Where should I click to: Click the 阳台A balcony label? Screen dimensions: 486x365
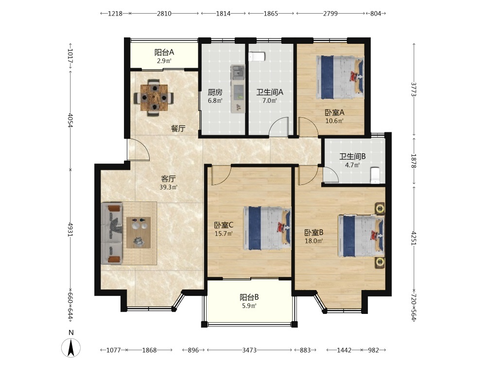(x=164, y=53)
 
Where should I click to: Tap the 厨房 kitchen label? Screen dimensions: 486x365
(x=215, y=92)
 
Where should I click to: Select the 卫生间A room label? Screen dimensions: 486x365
(x=270, y=92)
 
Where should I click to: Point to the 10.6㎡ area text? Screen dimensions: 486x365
(x=334, y=121)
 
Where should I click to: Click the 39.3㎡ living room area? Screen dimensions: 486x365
(x=169, y=187)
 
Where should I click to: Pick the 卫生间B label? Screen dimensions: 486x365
(x=352, y=156)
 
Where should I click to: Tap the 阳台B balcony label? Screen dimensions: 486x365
(x=249, y=297)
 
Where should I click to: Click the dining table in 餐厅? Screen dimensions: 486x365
(x=154, y=98)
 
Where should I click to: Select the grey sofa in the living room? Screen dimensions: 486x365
(x=112, y=234)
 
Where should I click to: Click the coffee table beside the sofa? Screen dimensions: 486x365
(x=139, y=233)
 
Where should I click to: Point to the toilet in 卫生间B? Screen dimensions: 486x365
(x=375, y=175)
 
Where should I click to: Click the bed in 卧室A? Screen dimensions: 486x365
(x=340, y=77)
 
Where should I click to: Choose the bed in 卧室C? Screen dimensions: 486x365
(x=267, y=228)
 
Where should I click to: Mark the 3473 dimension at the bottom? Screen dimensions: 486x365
(x=249, y=350)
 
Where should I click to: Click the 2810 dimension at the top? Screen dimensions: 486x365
(x=164, y=13)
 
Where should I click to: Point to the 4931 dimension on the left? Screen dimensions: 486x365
(x=70, y=229)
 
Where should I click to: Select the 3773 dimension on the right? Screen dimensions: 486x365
(x=414, y=89)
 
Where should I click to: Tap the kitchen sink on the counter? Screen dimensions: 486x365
(x=238, y=72)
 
